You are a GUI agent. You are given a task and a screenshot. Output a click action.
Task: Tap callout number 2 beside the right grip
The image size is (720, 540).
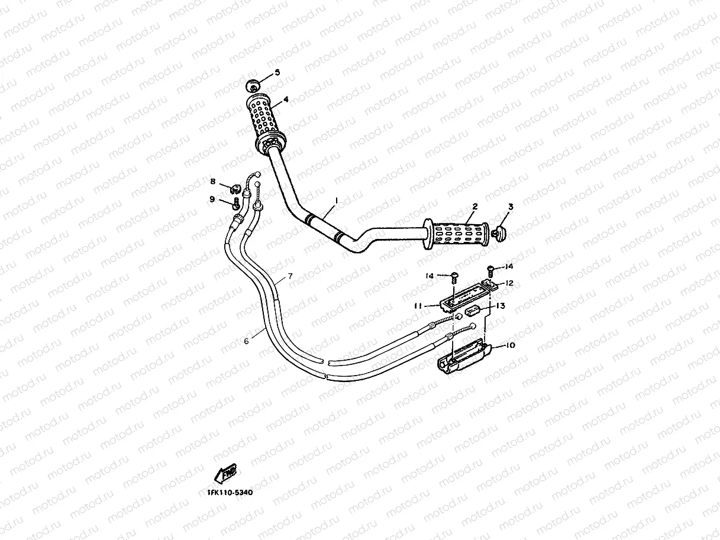474,206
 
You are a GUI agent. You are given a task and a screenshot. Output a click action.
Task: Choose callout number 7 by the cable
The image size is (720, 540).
290,276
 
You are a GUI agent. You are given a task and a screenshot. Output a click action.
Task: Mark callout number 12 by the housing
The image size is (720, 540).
509,283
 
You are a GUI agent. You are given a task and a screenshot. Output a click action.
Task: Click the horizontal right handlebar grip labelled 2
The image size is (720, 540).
456,235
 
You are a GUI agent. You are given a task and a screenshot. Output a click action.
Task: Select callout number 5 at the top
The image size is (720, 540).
277,73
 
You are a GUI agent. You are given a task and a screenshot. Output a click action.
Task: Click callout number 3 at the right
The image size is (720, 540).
511,206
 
